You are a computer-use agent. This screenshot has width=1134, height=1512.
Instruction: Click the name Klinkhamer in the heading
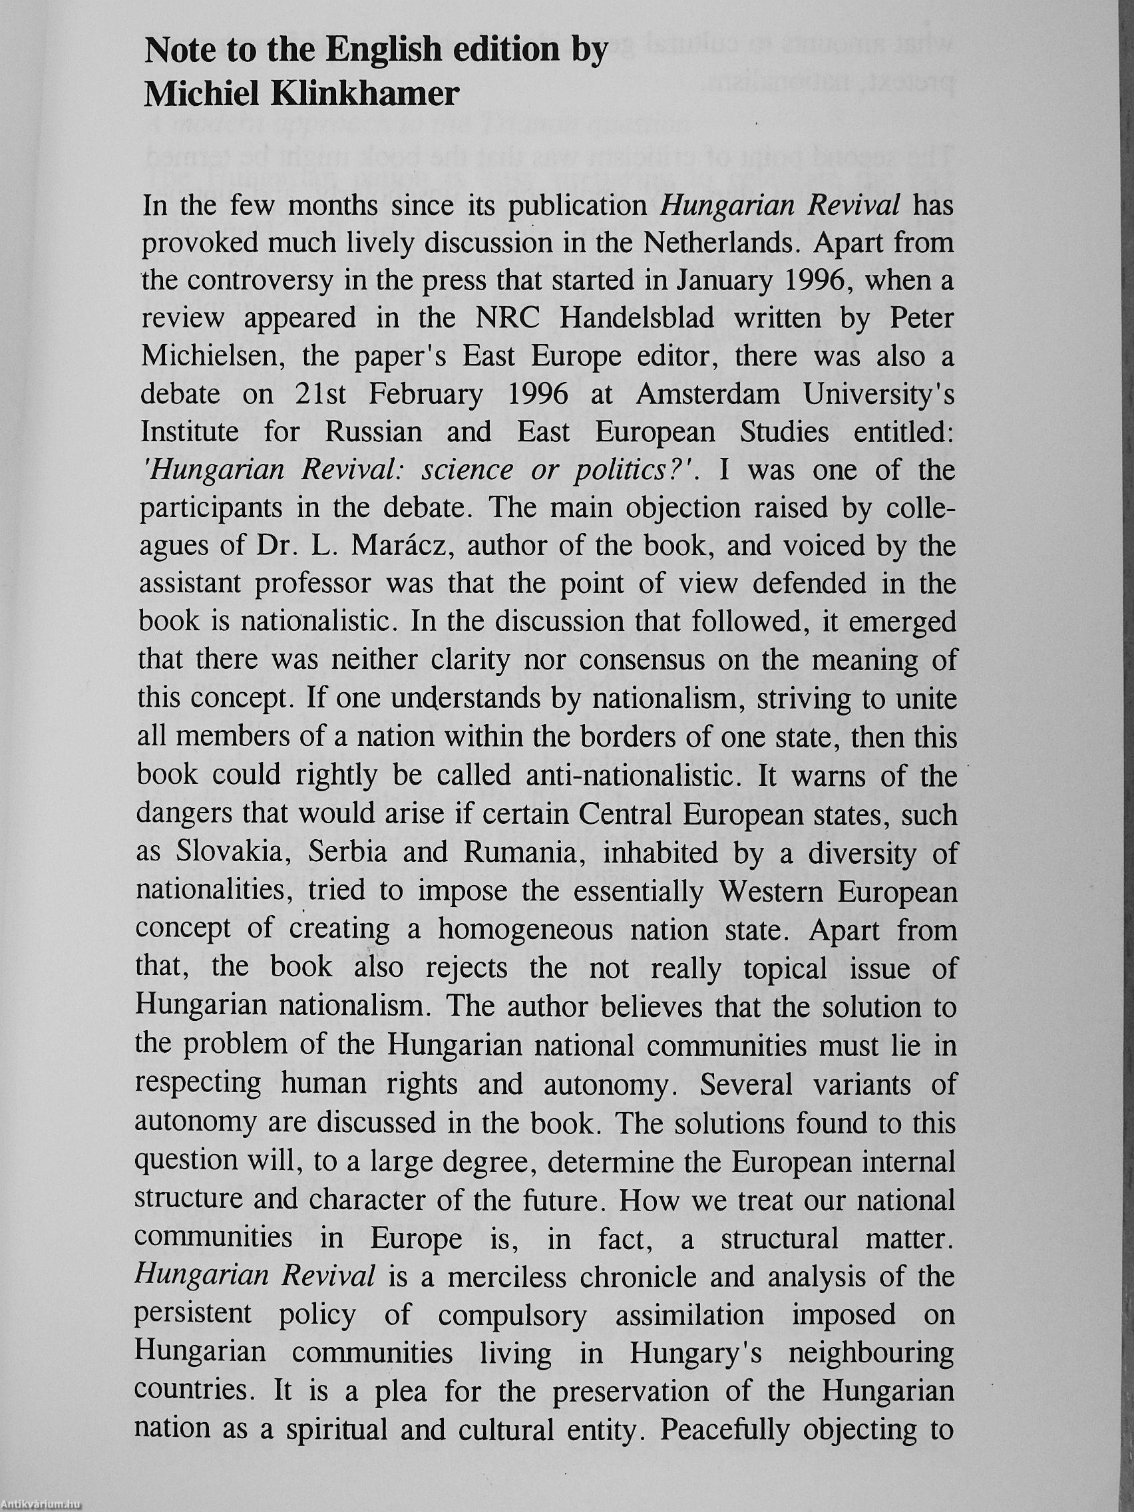(x=365, y=94)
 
